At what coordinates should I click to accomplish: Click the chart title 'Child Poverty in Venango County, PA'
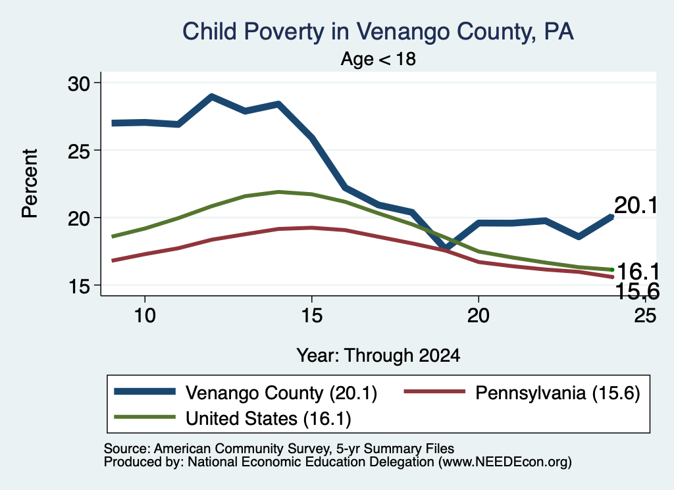378,32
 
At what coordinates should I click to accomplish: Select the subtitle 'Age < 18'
378,59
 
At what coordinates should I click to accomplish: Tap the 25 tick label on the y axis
79,151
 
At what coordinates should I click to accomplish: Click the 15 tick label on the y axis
79,286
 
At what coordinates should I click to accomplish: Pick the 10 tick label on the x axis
145,316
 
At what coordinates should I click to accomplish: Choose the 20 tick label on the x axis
479,316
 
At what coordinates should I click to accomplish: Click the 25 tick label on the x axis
645,316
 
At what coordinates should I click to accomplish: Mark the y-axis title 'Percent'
30,184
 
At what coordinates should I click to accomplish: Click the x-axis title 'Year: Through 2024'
378,356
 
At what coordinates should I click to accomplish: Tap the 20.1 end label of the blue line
636,205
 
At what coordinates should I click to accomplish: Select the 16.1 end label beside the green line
638,272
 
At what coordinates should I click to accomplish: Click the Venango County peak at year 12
211,97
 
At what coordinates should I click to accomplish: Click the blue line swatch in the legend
145,391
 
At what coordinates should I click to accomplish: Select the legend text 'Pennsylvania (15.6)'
557,393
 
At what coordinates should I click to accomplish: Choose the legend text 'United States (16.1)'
269,419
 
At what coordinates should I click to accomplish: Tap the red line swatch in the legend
435,391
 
